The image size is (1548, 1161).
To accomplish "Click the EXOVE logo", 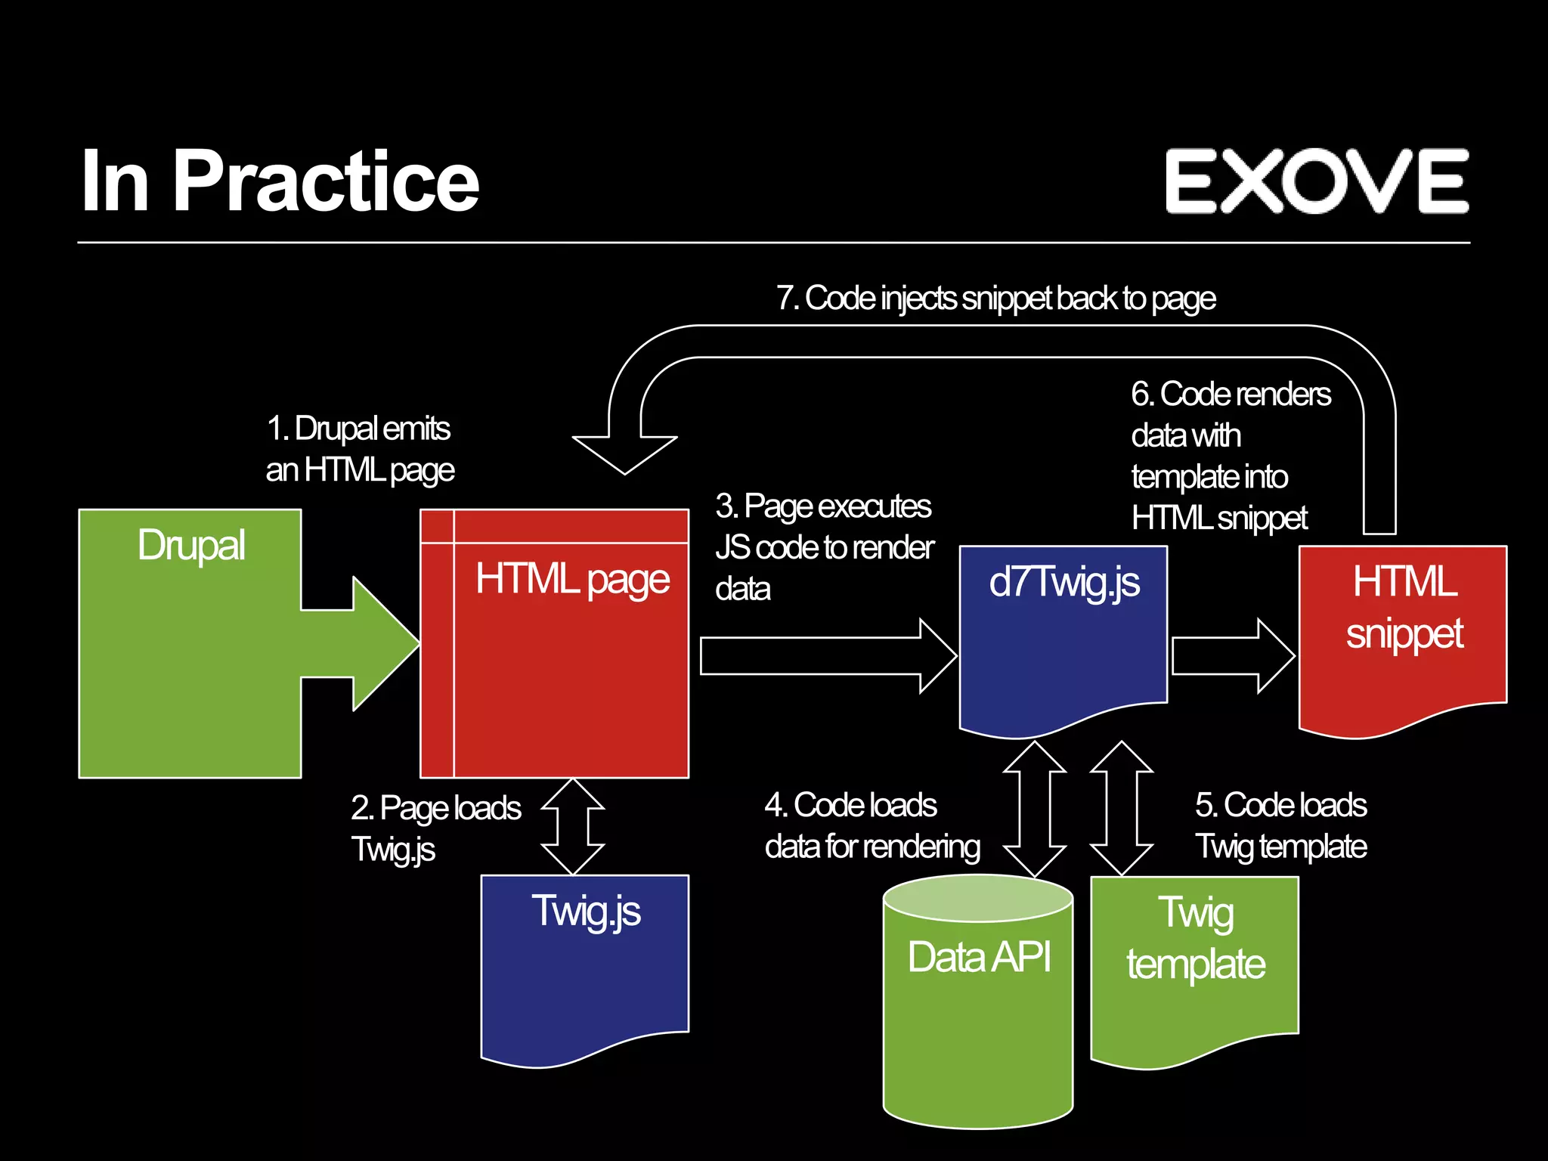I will (1316, 181).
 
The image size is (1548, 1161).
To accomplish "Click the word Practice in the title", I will (326, 181).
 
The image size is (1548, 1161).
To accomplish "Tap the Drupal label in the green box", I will (191, 545).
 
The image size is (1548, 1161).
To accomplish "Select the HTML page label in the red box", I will (572, 580).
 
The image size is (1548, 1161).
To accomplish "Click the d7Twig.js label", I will (1063, 582).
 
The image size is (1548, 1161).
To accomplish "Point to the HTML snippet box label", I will (1404, 607).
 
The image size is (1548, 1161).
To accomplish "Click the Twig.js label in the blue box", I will (586, 911).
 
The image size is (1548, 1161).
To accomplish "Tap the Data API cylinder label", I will (979, 957).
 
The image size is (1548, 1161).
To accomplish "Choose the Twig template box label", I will (1196, 938).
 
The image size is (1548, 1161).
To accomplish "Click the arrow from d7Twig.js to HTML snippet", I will (1232, 655).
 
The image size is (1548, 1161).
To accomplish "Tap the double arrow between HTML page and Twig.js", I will (573, 826).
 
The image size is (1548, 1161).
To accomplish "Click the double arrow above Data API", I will (1034, 809).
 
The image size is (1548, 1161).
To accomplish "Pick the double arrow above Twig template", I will (1122, 809).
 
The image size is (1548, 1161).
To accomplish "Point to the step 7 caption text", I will (995, 299).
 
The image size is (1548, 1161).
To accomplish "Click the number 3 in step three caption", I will (725, 506).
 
